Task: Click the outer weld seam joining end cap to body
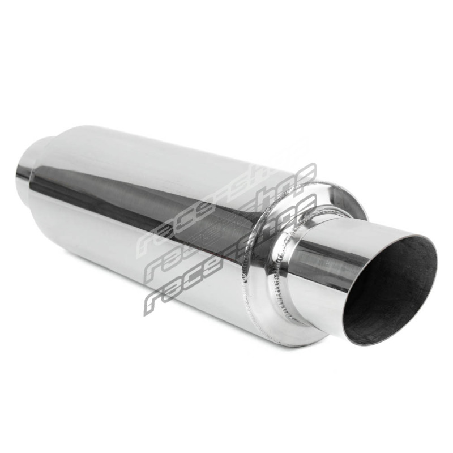(249, 254)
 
